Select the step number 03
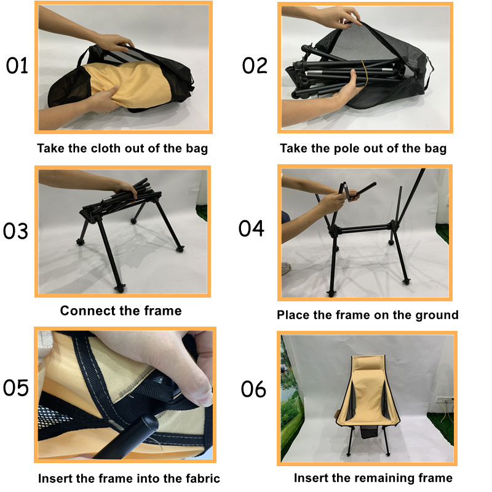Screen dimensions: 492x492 (17, 231)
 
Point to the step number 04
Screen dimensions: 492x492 (252, 228)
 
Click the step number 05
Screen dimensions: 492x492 (17, 388)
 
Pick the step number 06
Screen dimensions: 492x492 (254, 389)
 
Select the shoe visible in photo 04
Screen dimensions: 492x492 (286, 268)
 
